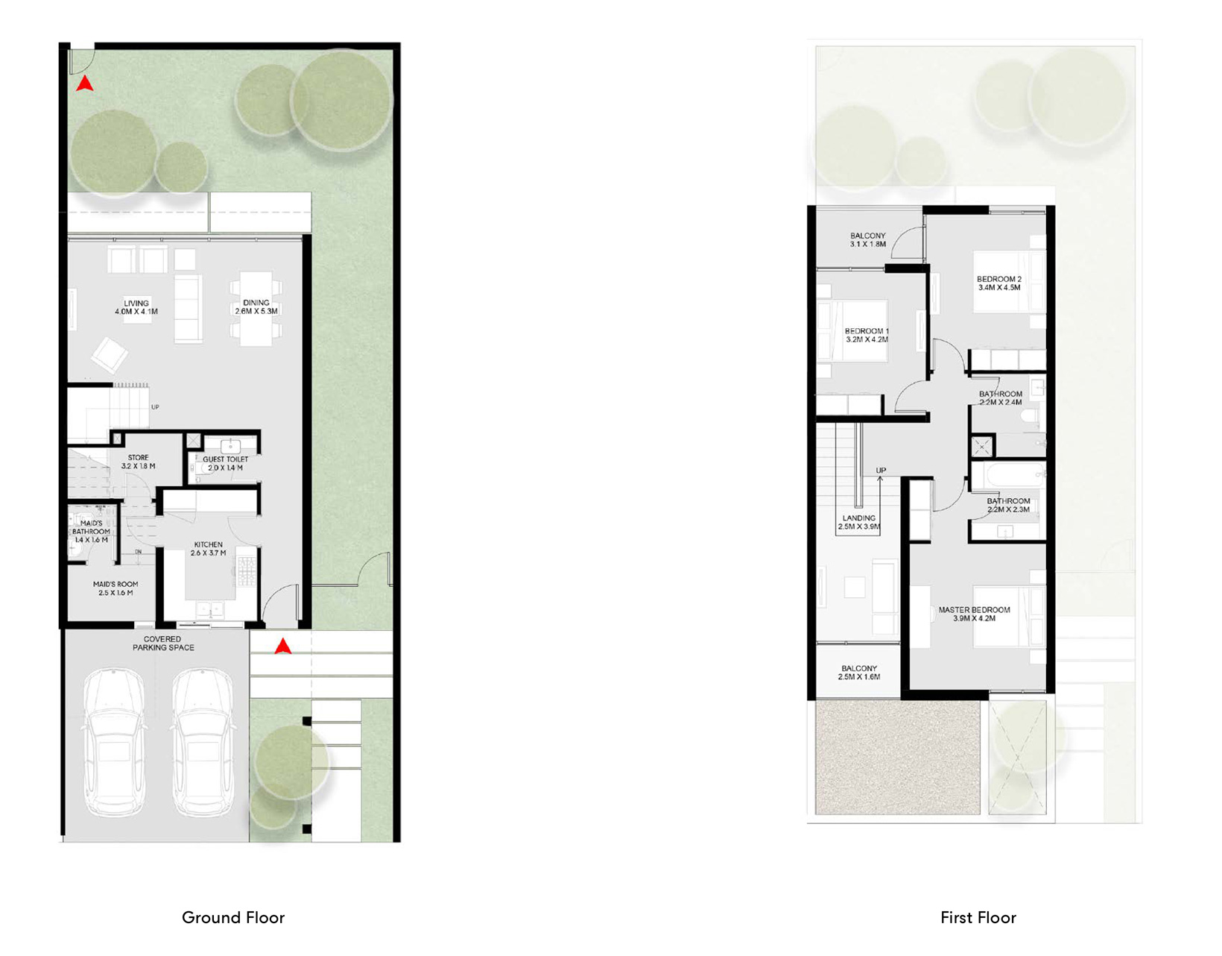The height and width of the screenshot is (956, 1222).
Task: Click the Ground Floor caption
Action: pyautogui.click(x=233, y=917)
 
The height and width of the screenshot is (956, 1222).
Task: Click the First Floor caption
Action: pyautogui.click(x=978, y=917)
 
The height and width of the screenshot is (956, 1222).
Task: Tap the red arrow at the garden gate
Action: pyautogui.click(x=85, y=84)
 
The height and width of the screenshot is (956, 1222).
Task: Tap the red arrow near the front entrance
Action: pyautogui.click(x=282, y=647)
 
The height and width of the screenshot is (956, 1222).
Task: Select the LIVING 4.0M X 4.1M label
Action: pyautogui.click(x=136, y=307)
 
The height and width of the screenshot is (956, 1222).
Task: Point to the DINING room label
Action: pyautogui.click(x=256, y=307)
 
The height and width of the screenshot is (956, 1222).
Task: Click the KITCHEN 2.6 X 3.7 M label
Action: pyautogui.click(x=209, y=549)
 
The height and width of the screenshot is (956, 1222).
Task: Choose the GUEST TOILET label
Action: pyautogui.click(x=225, y=463)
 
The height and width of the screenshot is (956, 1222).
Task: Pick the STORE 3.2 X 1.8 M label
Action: pyautogui.click(x=138, y=462)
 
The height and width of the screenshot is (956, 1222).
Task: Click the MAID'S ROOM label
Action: pyautogui.click(x=115, y=588)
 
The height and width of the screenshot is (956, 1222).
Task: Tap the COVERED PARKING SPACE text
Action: pyautogui.click(x=163, y=644)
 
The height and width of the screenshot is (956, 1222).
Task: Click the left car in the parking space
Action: pyautogui.click(x=114, y=742)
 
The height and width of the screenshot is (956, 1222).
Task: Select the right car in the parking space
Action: pyautogui.click(x=203, y=742)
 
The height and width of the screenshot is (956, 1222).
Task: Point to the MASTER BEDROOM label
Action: pyautogui.click(x=974, y=614)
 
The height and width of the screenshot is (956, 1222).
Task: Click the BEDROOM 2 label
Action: pyautogui.click(x=999, y=283)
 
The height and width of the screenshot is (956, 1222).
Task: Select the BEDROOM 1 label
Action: pyautogui.click(x=867, y=335)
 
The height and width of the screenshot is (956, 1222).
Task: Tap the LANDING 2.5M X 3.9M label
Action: pyautogui.click(x=859, y=522)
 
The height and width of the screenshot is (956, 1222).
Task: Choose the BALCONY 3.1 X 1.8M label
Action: pyautogui.click(x=868, y=239)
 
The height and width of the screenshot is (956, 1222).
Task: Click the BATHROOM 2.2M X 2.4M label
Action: pyautogui.click(x=1001, y=397)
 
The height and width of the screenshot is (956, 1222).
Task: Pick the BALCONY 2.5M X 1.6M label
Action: pyautogui.click(x=859, y=673)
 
